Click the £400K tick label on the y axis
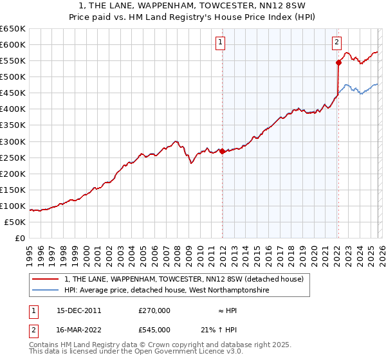13,109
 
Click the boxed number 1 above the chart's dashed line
221,43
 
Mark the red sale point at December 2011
222,151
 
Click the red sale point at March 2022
338,62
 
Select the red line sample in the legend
46,279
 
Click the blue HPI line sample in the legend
46,291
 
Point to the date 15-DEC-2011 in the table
79,310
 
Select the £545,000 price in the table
154,329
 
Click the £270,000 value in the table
154,310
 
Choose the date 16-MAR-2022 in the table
79,329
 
